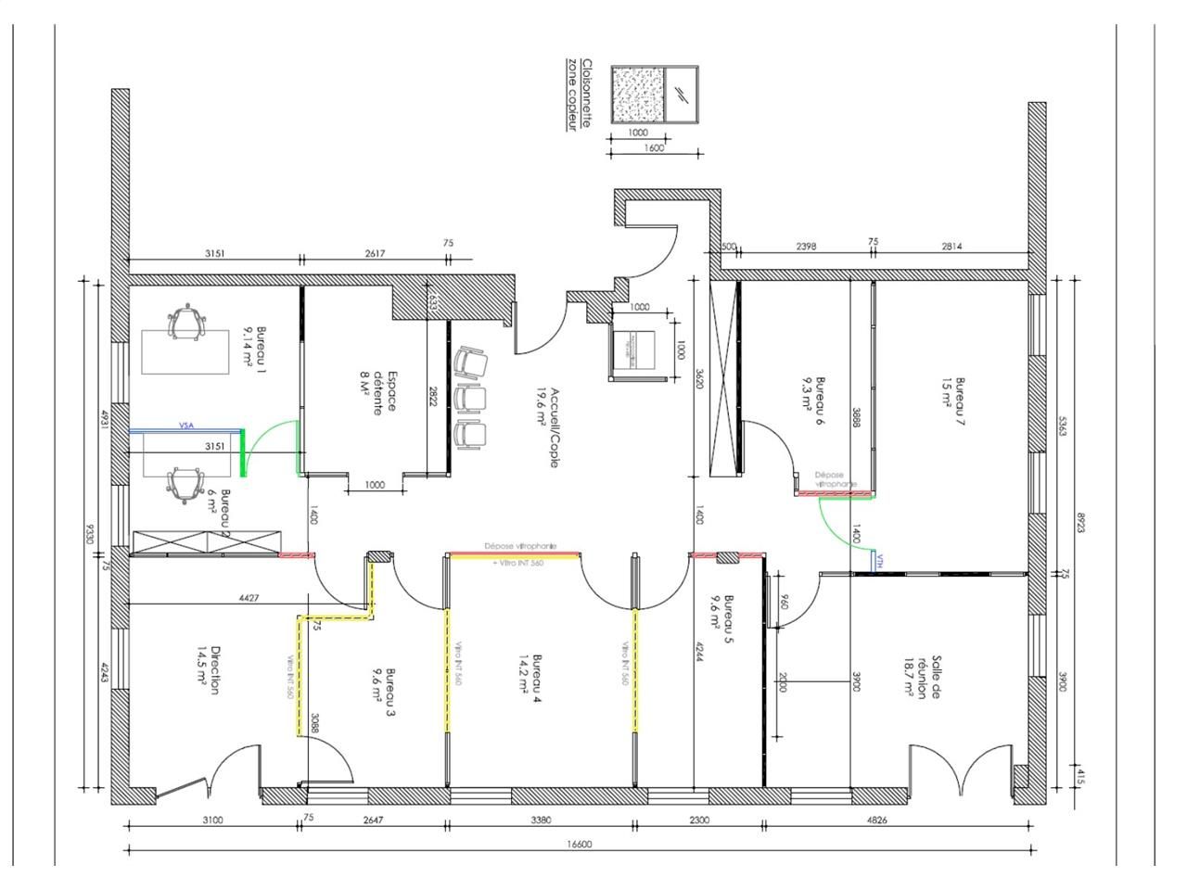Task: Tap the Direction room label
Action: (209, 670)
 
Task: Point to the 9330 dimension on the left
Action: (90, 536)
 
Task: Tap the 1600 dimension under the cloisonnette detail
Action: (655, 147)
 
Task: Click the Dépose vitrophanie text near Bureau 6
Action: (835, 478)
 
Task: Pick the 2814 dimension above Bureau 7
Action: (951, 246)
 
